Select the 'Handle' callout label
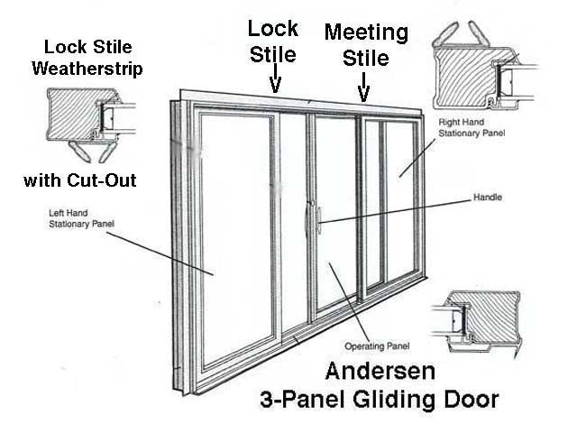pyautogui.click(x=488, y=198)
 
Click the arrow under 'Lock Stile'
pyautogui.click(x=275, y=84)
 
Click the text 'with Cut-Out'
pyautogui.click(x=80, y=180)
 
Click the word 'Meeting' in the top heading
pyautogui.click(x=366, y=32)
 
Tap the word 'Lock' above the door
pyautogui.click(x=272, y=29)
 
